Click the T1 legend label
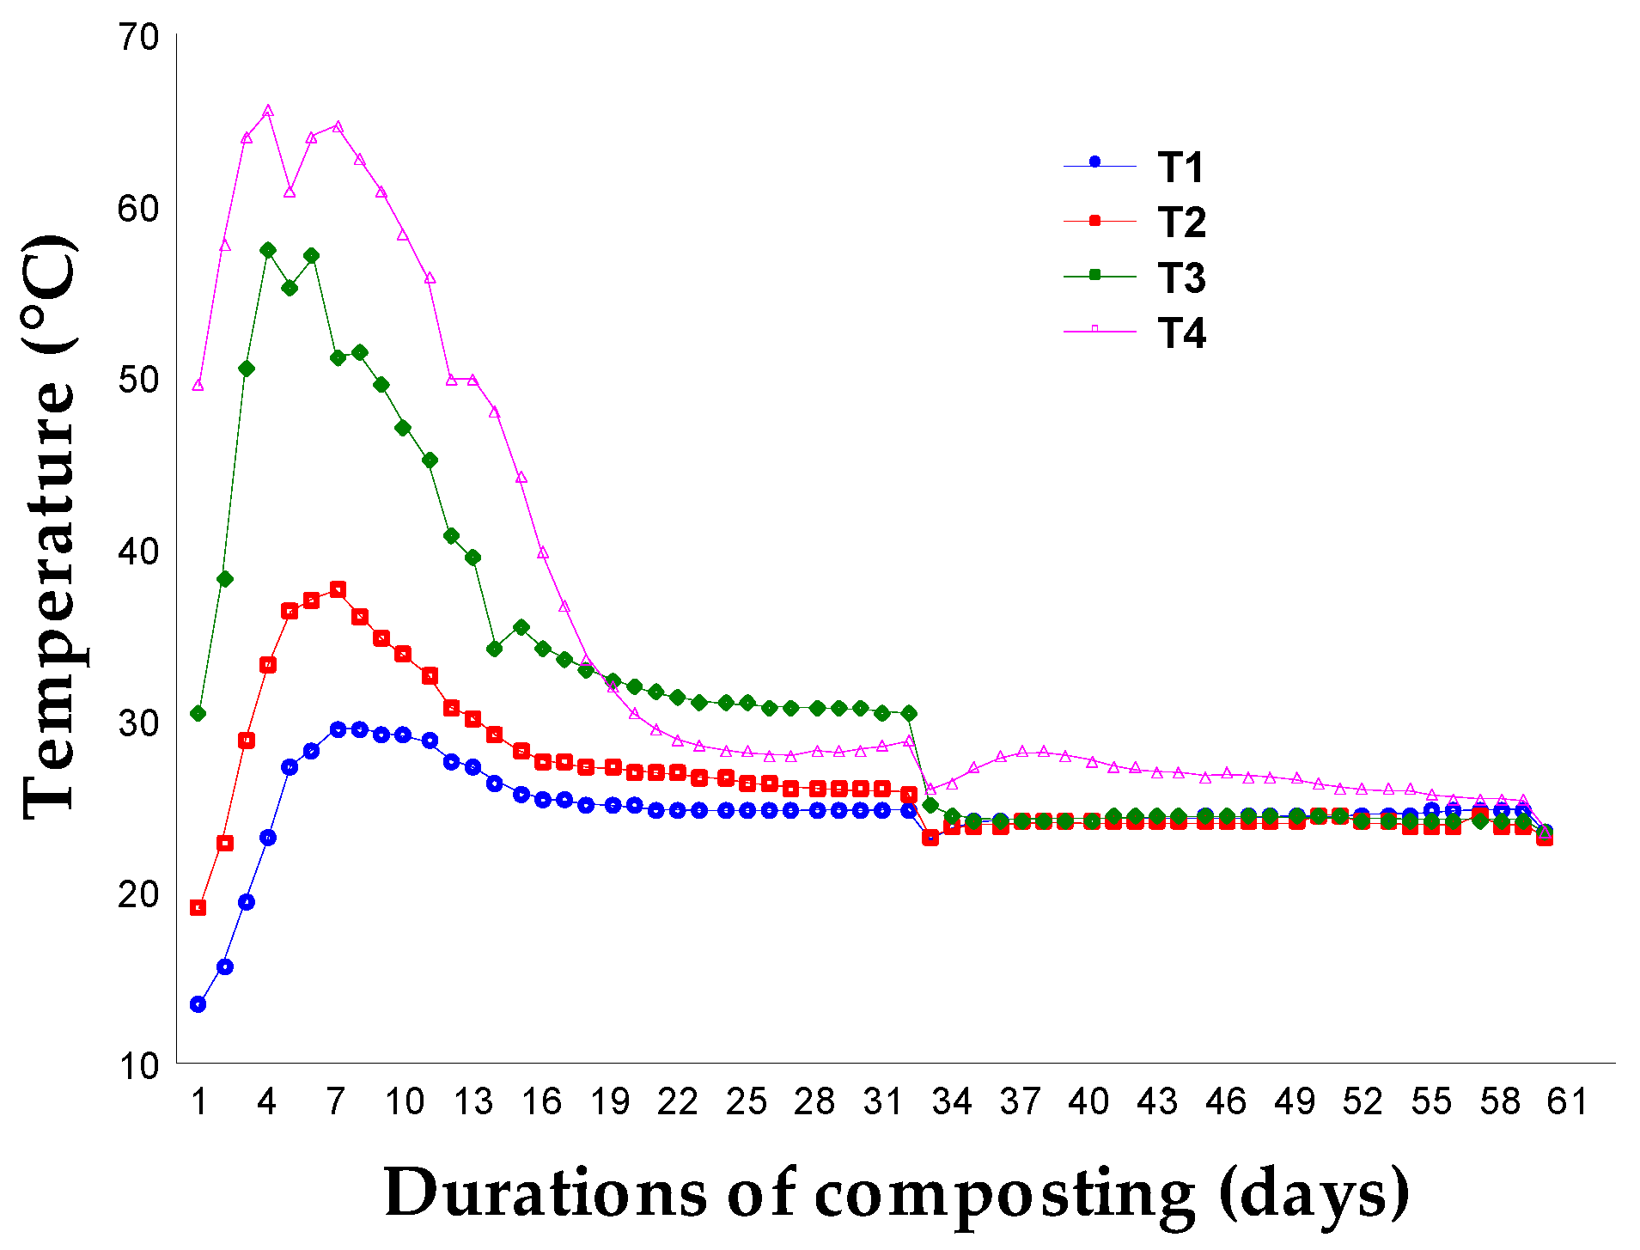point(1180,168)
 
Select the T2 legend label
point(1181,223)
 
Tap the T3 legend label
point(1181,278)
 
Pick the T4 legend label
point(1181,333)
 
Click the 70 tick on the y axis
point(138,37)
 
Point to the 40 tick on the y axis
point(138,552)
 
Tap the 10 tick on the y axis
point(138,1066)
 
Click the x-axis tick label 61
point(1567,1101)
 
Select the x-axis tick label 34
point(952,1101)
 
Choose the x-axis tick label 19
point(610,1101)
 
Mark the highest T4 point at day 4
point(268,110)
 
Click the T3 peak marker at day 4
point(268,250)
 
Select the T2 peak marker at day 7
point(338,589)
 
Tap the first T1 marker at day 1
point(198,1004)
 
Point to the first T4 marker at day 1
point(198,385)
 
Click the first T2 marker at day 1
point(198,907)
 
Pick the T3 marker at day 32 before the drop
point(909,713)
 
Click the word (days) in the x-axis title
point(1314,1194)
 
